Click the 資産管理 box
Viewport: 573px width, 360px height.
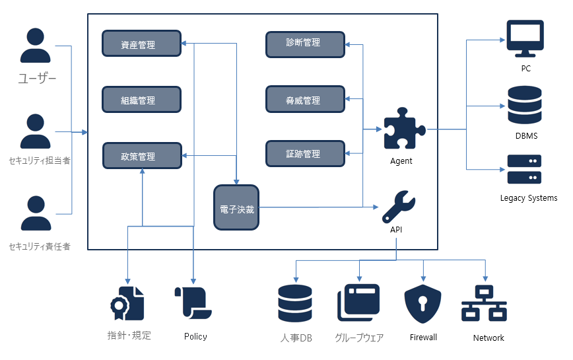pos(141,44)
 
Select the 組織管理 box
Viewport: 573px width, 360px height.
pos(141,100)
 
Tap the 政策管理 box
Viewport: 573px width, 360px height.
pos(141,156)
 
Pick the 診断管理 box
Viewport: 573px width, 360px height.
pos(305,43)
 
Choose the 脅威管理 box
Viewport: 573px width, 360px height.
pos(305,99)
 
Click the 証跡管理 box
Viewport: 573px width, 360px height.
pos(305,153)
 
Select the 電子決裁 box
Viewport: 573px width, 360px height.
pos(236,208)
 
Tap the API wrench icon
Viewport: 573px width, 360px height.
pos(398,207)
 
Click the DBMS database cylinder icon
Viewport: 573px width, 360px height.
pos(525,105)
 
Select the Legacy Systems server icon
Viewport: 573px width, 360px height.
pos(525,169)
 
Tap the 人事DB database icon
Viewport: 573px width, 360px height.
pos(295,305)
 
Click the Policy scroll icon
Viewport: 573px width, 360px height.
pos(193,304)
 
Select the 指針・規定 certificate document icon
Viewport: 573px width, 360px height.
pos(127,304)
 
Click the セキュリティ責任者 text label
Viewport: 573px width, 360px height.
pos(40,246)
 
